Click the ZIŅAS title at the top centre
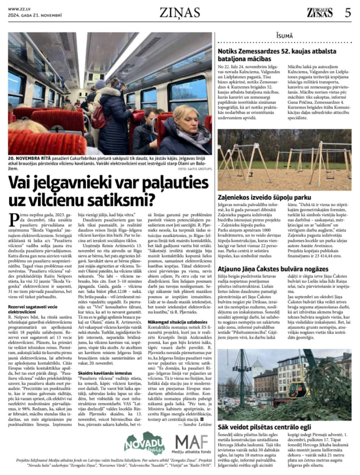pos(180,13)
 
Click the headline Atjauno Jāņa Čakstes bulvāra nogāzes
pos(273,269)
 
